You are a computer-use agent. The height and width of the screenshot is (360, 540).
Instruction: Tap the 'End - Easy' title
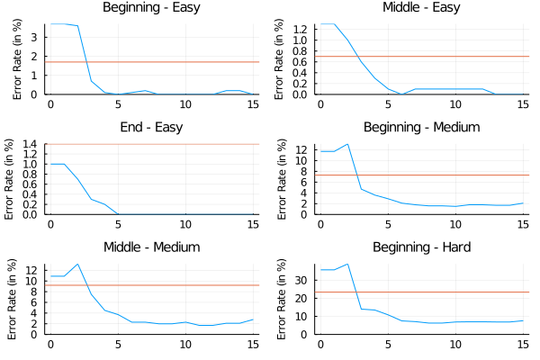152,127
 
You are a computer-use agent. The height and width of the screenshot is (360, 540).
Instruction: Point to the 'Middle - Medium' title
152,247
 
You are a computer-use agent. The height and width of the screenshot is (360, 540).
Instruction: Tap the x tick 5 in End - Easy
118,225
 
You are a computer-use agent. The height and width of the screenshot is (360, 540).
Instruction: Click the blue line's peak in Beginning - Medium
347,144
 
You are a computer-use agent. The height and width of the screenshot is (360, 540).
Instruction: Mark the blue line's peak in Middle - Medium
77,264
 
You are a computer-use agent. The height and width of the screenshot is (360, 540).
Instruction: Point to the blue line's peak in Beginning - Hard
347,264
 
